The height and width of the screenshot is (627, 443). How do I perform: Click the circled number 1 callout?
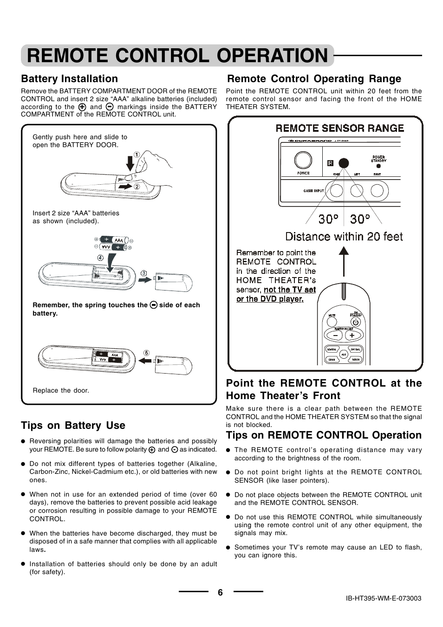coord(137,155)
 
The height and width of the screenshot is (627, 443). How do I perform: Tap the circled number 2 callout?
coord(137,187)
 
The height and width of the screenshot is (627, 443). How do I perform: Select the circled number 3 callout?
coord(143,273)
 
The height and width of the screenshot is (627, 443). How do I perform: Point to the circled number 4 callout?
coord(100,258)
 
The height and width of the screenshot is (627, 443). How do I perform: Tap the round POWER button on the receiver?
coord(303,161)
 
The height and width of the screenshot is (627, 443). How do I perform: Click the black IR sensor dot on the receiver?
coord(344,163)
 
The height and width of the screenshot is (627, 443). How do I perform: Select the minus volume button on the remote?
coord(335,335)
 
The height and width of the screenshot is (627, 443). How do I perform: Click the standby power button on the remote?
coord(356,322)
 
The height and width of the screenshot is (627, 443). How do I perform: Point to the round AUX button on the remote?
coord(344,354)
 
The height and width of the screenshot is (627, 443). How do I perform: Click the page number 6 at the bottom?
coord(220,592)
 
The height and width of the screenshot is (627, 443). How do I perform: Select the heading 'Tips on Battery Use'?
coord(73,425)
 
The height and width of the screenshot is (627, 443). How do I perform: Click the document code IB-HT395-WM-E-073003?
coord(384,598)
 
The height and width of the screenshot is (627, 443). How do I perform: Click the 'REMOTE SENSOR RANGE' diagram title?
coord(340,128)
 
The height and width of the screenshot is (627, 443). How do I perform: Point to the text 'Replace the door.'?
coord(61,390)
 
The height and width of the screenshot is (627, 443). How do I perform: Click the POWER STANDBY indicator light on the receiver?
coord(378,166)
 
